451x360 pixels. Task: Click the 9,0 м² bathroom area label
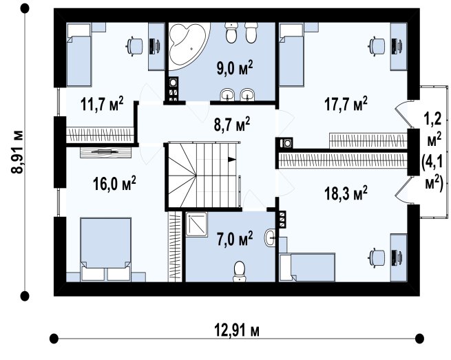point(235,68)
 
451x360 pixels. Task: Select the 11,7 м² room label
point(102,103)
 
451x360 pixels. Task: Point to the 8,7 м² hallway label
point(232,124)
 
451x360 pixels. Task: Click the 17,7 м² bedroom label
point(346,103)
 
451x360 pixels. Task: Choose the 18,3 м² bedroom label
point(346,193)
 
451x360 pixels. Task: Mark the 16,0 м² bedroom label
point(114,184)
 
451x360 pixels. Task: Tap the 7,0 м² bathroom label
point(235,239)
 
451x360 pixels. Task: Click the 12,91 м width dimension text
point(237,330)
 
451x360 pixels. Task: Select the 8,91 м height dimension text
point(17,152)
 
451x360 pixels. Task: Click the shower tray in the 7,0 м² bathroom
point(196,224)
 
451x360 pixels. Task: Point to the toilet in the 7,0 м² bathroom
point(240,271)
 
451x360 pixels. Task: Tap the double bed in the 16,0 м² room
point(106,249)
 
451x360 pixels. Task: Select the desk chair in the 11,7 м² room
point(134,46)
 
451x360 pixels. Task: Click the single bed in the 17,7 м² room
point(291,54)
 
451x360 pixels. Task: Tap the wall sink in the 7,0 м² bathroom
point(270,237)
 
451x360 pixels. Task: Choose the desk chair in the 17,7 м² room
point(377,46)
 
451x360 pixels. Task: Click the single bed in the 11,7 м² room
point(78,54)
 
